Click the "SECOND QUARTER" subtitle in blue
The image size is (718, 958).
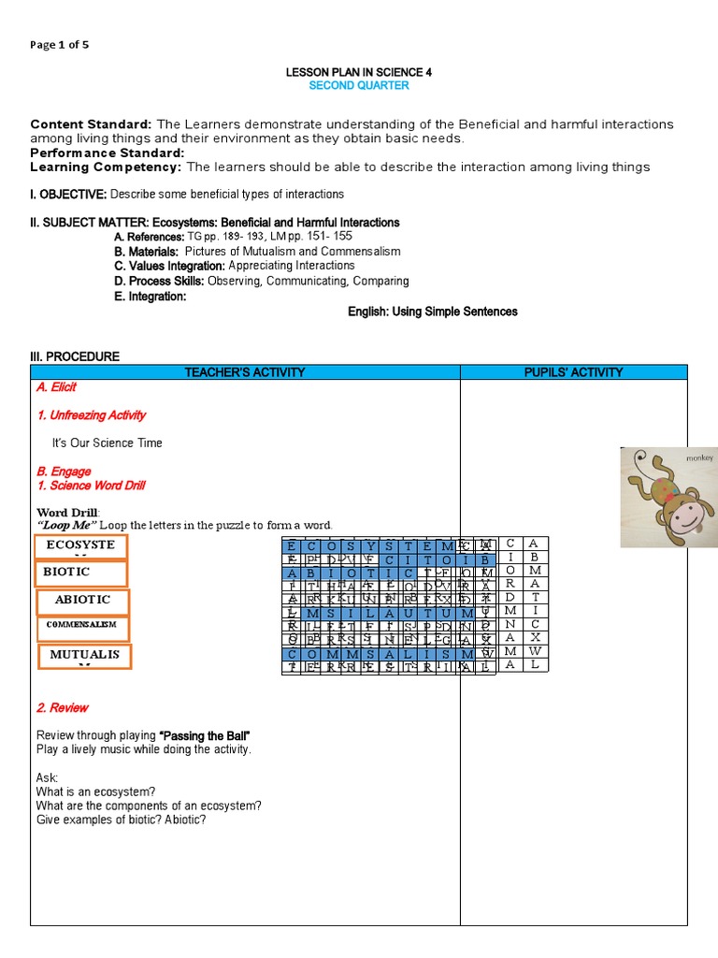[x=359, y=86]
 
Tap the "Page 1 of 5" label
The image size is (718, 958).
[x=60, y=44]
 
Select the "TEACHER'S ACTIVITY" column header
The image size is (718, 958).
[x=245, y=372]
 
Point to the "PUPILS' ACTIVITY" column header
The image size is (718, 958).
[x=573, y=372]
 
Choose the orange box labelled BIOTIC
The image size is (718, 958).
[x=79, y=572]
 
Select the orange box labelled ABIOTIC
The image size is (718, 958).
[x=82, y=600]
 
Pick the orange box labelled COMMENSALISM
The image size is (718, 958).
[x=82, y=624]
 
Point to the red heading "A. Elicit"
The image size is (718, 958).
[x=57, y=387]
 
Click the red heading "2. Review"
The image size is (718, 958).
[x=63, y=708]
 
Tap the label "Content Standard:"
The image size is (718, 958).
[x=91, y=124]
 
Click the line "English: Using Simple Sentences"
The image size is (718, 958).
[x=433, y=312]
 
